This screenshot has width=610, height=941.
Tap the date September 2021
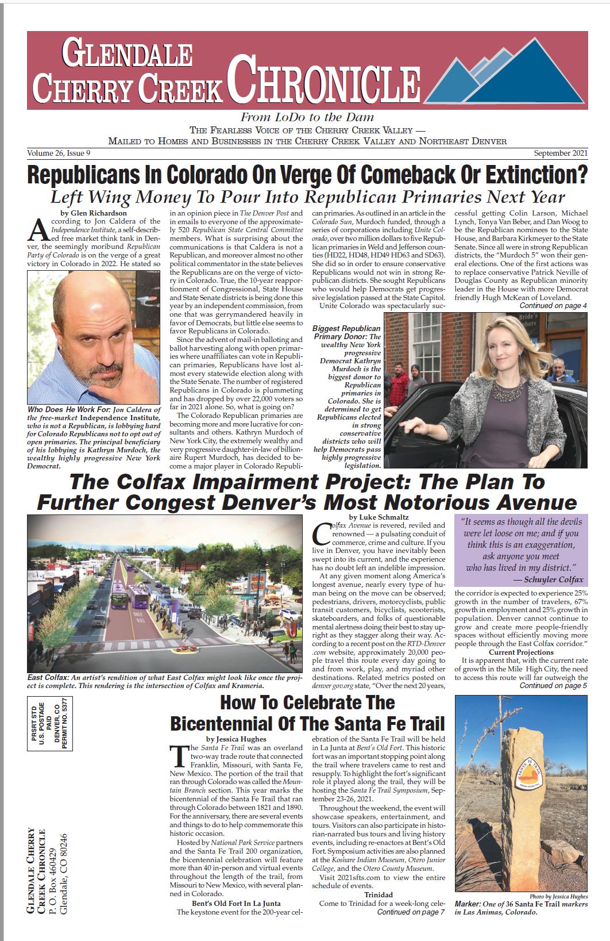pos(560,153)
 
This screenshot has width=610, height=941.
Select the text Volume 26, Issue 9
pos(59,153)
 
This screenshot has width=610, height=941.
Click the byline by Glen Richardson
pos(94,213)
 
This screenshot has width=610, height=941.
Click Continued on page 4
pos(553,306)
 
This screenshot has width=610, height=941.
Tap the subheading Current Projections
pos(521,652)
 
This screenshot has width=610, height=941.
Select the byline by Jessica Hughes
pos(236,739)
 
